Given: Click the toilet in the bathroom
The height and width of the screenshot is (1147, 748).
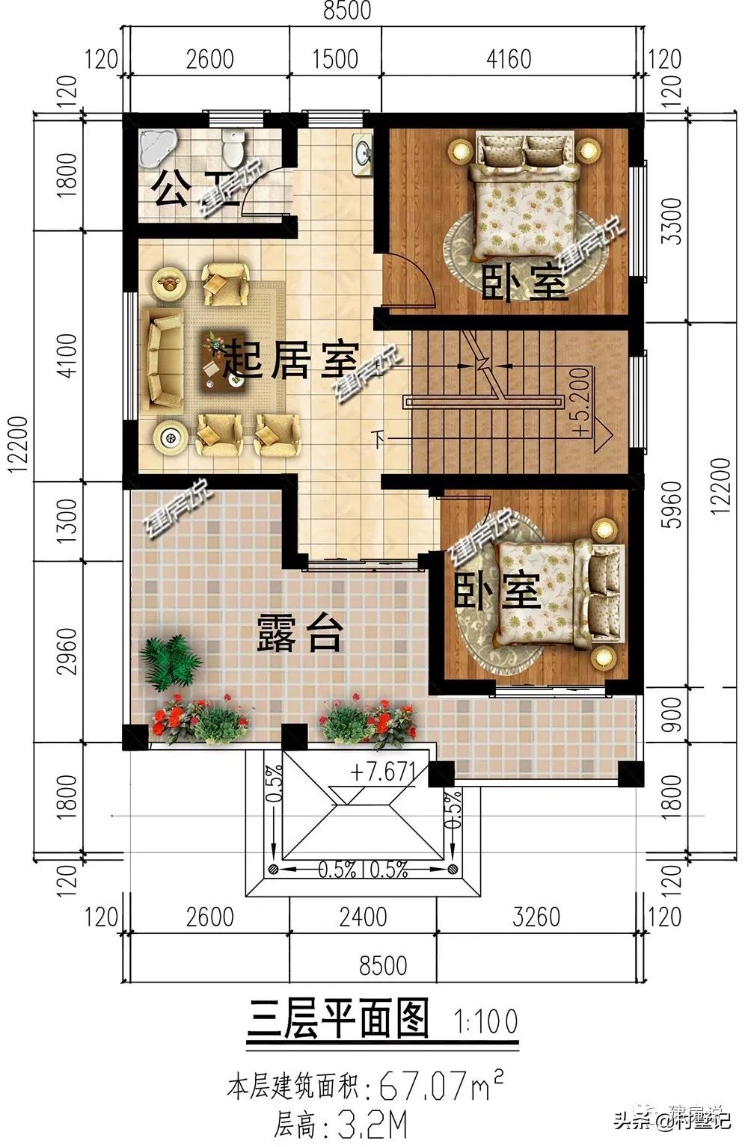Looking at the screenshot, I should [x=233, y=147].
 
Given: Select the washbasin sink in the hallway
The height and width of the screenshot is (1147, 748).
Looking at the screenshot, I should [x=364, y=153].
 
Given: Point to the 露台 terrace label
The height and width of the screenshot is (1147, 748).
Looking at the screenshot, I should [x=300, y=633].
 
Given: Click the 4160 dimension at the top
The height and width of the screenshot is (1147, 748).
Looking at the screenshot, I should [x=509, y=58].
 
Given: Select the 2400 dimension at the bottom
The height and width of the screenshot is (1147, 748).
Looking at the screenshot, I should [x=363, y=916].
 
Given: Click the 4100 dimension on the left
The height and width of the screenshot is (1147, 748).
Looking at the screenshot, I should [x=67, y=355].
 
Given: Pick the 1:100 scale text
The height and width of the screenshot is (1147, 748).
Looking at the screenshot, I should [x=485, y=1021].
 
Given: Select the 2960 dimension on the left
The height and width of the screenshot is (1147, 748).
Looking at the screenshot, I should [x=67, y=651].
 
